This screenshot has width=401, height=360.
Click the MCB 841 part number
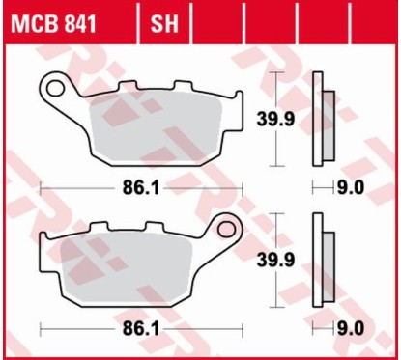(53, 20)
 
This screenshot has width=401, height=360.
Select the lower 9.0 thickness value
(348, 329)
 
